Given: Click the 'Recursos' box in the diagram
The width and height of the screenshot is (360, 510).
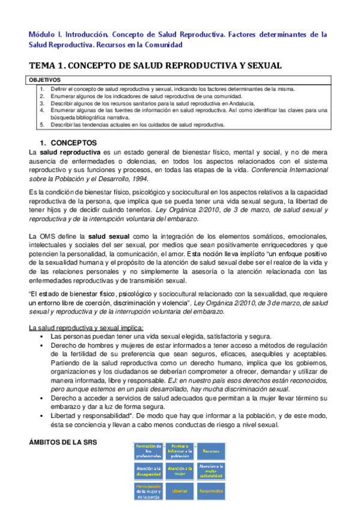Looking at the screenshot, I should click(x=210, y=450).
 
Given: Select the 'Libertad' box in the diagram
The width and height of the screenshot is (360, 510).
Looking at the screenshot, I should click(x=180, y=491).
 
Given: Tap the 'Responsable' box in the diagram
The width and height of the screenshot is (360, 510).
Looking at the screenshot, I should click(x=210, y=491).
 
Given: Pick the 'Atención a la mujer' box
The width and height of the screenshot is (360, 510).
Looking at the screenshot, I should click(x=180, y=470).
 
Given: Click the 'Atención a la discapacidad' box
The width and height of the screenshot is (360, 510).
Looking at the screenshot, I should click(x=148, y=470).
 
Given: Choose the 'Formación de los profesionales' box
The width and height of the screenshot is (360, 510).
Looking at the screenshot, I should click(x=148, y=450).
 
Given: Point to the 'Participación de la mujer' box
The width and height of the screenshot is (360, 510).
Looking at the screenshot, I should click(x=148, y=491).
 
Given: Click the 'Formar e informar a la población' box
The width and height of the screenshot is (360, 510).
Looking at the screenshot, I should click(x=180, y=450).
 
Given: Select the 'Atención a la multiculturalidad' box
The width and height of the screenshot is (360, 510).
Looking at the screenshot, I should click(x=210, y=470).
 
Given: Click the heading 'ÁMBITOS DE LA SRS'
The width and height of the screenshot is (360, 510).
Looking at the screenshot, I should click(x=63, y=443).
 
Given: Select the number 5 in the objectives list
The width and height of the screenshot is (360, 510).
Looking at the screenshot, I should click(x=42, y=125).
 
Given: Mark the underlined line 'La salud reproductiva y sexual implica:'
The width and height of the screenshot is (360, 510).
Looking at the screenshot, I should click(x=87, y=327).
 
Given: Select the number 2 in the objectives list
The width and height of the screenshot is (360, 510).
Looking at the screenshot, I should click(x=42, y=96).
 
